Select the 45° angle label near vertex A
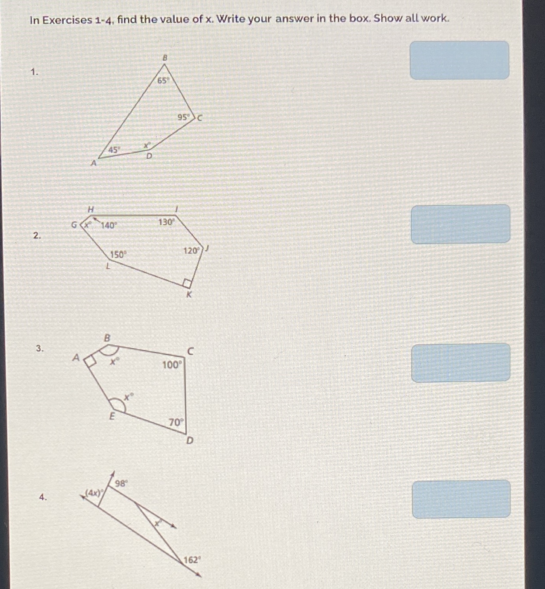[115, 149]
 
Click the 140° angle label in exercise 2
[109, 225]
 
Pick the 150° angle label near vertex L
[118, 255]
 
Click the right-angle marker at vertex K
[187, 282]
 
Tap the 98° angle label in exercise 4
[121, 483]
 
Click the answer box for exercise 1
[459, 60]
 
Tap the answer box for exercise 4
[461, 499]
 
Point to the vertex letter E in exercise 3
[112, 417]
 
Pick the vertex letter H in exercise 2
[90, 210]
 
